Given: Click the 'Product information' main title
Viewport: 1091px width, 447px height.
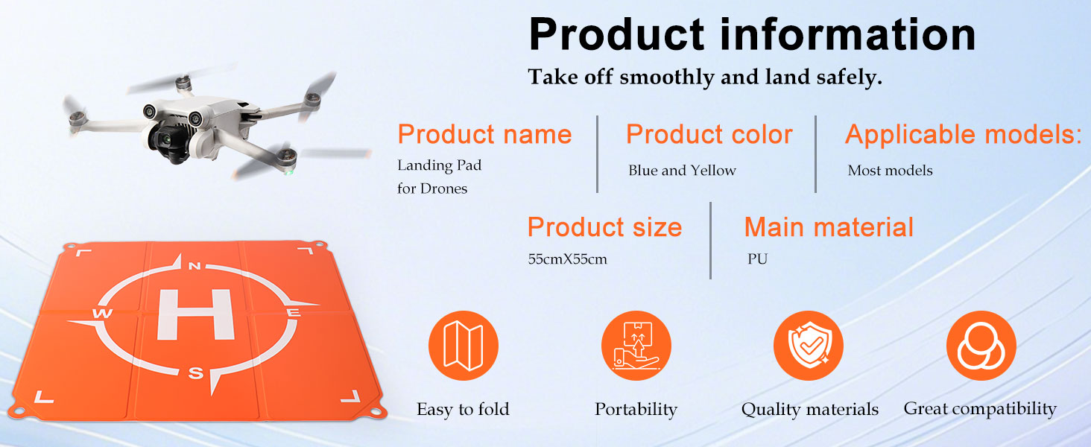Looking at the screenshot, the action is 752,34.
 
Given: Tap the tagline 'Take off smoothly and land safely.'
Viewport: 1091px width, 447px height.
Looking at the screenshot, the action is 705,77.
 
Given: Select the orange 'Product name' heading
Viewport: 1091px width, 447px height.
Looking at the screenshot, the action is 484,134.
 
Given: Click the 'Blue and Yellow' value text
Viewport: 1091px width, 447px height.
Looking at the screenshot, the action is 682,171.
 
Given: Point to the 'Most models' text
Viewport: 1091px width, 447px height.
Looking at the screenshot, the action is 890,171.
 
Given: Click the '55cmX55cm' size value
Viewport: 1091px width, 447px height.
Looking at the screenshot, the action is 567,259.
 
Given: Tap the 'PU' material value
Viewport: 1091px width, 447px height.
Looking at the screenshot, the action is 757,259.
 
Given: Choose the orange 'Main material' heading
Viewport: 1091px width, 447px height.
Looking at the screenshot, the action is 829,227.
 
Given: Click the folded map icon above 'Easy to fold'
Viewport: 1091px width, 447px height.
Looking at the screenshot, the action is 464,345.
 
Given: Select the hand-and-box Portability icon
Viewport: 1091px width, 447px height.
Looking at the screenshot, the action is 636,345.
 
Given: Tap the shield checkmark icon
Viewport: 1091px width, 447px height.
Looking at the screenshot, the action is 809,345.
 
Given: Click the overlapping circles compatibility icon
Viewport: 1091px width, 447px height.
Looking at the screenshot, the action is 981,345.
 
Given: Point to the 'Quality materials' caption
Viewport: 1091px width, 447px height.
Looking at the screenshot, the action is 809,409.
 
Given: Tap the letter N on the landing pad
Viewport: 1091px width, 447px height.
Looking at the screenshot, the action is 195,266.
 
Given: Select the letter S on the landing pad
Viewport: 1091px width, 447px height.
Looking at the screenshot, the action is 195,373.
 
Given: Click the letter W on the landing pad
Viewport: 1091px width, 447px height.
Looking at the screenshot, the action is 102,313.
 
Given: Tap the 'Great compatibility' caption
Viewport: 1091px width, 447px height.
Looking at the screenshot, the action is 980,409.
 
